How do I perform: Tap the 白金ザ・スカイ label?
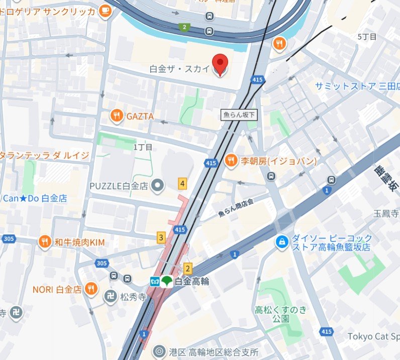pyautogui.click(x=179, y=69)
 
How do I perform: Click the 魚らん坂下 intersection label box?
pyautogui.click(x=239, y=115)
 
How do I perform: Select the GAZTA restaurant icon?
pyautogui.click(x=117, y=116)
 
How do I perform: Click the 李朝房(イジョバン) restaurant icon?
pyautogui.click(x=231, y=161)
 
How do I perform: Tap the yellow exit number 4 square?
pyautogui.click(x=182, y=184)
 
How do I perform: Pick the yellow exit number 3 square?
pyautogui.click(x=161, y=237)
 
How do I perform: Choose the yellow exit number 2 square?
pyautogui.click(x=188, y=268)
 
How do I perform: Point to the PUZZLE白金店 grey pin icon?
pyautogui.click(x=158, y=186)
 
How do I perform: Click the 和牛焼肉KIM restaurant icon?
pyautogui.click(x=45, y=243)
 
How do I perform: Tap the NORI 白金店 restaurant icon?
pyautogui.click(x=91, y=289)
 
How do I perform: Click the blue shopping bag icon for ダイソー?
pyautogui.click(x=282, y=242)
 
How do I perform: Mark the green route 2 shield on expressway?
pyautogui.click(x=185, y=27)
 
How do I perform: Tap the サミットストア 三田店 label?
pyautogui.click(x=356, y=86)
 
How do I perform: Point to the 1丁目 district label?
pyautogui.click(x=143, y=147)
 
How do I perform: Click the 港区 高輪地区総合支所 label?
pyautogui.click(x=214, y=351)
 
